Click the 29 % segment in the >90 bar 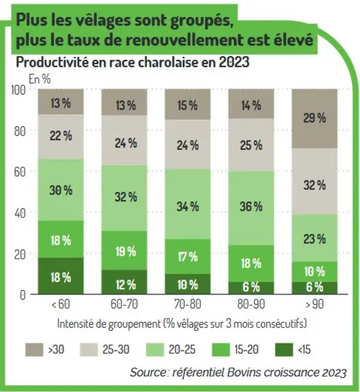point(314,118)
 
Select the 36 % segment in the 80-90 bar point(251,208)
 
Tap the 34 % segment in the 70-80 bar point(188,204)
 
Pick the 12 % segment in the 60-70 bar point(125,282)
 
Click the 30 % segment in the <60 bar point(61,190)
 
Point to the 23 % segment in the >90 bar point(314,238)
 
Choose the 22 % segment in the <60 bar point(61,137)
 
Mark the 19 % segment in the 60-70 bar point(125,250)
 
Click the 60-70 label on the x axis point(125,304)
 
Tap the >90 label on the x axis point(314,304)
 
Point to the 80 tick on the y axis point(20,131)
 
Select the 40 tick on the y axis point(20,213)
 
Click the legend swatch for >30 point(34,350)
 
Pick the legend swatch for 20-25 point(154,350)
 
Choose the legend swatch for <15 point(284,350)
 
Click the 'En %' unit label point(39,79)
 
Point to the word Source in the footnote point(148,372)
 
